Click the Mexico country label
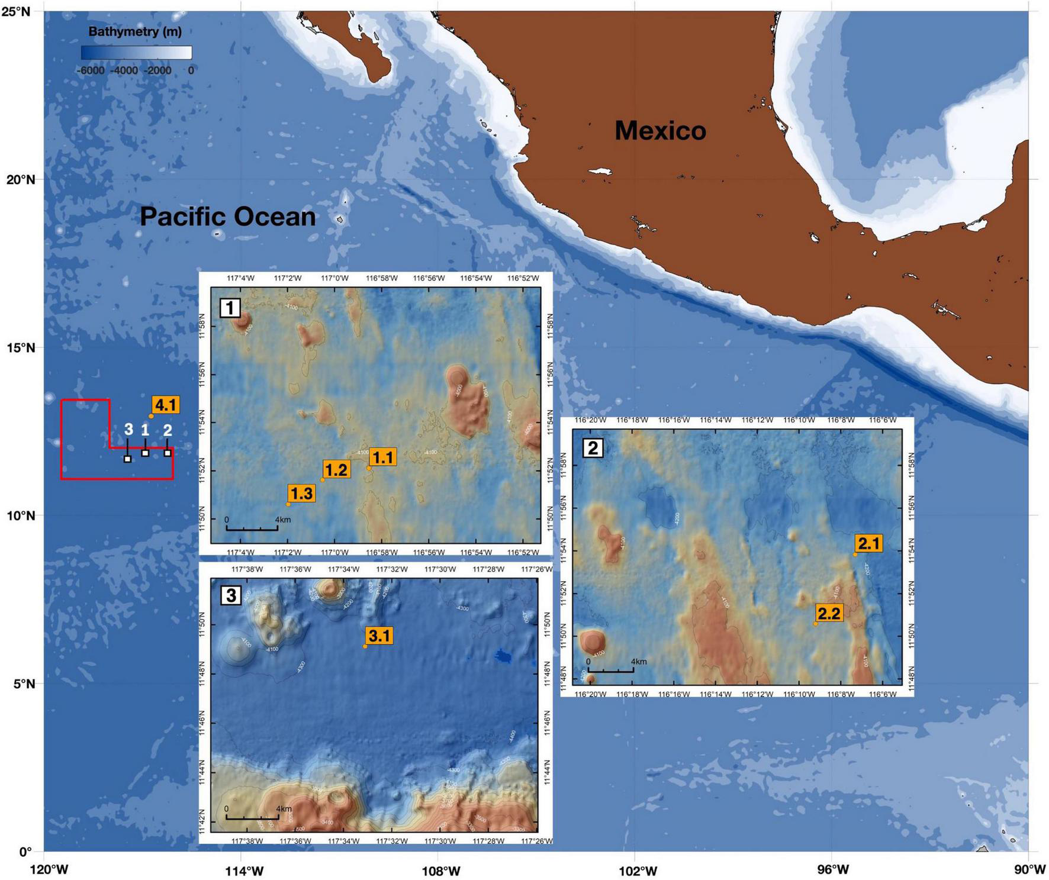tap(660, 131)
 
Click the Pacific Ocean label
tap(227, 217)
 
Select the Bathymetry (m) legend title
tap(135, 31)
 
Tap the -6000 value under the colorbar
tap(90, 70)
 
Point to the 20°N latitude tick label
tap(21, 179)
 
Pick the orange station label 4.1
tap(165, 405)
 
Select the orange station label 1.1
tap(382, 457)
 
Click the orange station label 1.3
tap(301, 493)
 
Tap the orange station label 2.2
tap(829, 613)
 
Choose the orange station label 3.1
tap(379, 636)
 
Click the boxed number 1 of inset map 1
tap(230, 308)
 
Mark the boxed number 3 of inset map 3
tap(230, 595)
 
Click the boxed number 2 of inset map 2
tap(593, 448)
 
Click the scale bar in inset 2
tap(610, 671)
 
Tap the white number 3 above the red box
tap(128, 430)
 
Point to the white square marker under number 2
tap(168, 453)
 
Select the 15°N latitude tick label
tap(21, 347)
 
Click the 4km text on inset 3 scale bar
tap(284, 808)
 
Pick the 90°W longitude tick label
tap(1029, 870)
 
